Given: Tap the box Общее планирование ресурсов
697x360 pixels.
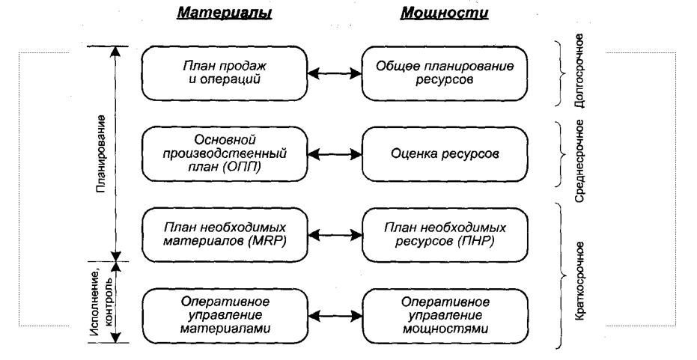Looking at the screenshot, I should [x=436, y=74].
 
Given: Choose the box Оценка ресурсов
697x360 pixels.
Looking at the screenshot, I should [x=436, y=154].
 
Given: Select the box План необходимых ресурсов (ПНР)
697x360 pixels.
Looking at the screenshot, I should [x=436, y=234].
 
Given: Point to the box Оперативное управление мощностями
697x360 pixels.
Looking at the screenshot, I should [x=436, y=314].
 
